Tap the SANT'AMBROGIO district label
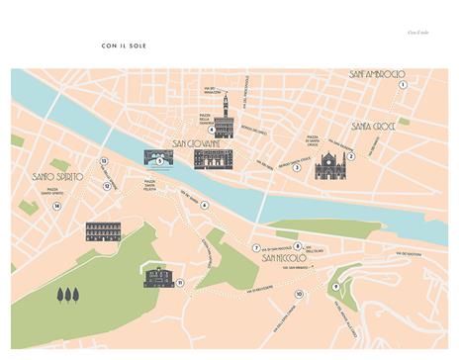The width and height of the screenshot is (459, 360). [x=377, y=74]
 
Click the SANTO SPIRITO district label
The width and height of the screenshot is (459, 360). [x=54, y=177]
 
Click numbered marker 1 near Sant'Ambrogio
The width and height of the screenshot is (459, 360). [x=403, y=85]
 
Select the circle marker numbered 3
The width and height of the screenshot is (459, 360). [x=296, y=167]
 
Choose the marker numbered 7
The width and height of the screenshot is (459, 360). [x=255, y=248]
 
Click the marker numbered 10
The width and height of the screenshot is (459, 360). [x=299, y=294]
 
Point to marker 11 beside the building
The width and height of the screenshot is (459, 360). [x=179, y=283]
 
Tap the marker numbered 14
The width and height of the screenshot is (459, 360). [x=57, y=206]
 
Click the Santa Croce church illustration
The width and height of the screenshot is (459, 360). [x=332, y=166]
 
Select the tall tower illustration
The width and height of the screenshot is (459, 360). [x=226, y=115]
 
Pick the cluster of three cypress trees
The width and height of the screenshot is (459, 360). [x=68, y=294]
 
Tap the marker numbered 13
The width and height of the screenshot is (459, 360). [x=103, y=160]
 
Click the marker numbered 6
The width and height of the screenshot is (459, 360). [x=204, y=206]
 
